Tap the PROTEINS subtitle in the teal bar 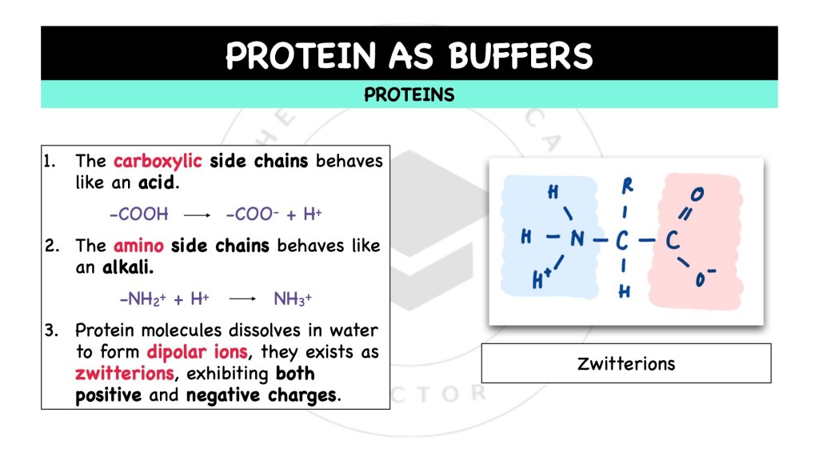[409, 95]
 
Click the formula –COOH [138, 214]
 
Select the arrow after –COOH [196, 215]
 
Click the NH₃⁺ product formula [292, 299]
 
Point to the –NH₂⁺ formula [142, 299]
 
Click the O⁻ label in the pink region [705, 279]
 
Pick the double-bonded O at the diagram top [697, 194]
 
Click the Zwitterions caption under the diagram [626, 364]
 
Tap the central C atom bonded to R [624, 239]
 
